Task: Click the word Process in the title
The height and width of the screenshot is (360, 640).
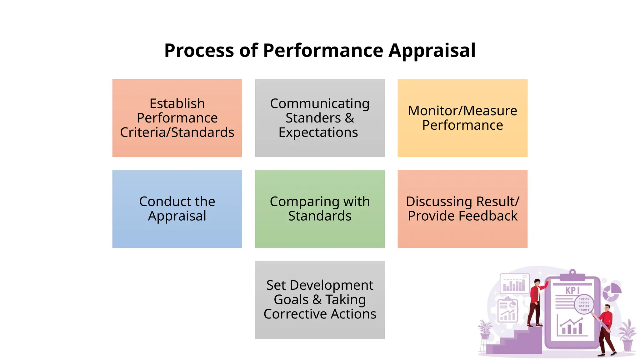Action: pyautogui.click(x=199, y=50)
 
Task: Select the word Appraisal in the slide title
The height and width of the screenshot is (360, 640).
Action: pyautogui.click(x=432, y=50)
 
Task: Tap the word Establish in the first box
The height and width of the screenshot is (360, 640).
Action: pyautogui.click(x=177, y=103)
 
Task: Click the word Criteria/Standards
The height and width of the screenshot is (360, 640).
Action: pyautogui.click(x=177, y=132)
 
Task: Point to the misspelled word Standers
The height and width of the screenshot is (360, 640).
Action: pyautogui.click(x=313, y=118)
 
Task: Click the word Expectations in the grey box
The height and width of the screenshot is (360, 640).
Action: pyautogui.click(x=318, y=132)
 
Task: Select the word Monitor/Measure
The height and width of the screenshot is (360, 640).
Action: pyautogui.click(x=462, y=111)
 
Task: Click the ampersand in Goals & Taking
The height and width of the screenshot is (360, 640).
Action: pyautogui.click(x=317, y=300)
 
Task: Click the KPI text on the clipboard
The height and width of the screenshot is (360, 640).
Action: pyautogui.click(x=572, y=290)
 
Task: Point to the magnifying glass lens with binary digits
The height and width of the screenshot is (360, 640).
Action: pyautogui.click(x=584, y=304)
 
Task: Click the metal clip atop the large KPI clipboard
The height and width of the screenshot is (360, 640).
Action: pyautogui.click(x=572, y=275)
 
